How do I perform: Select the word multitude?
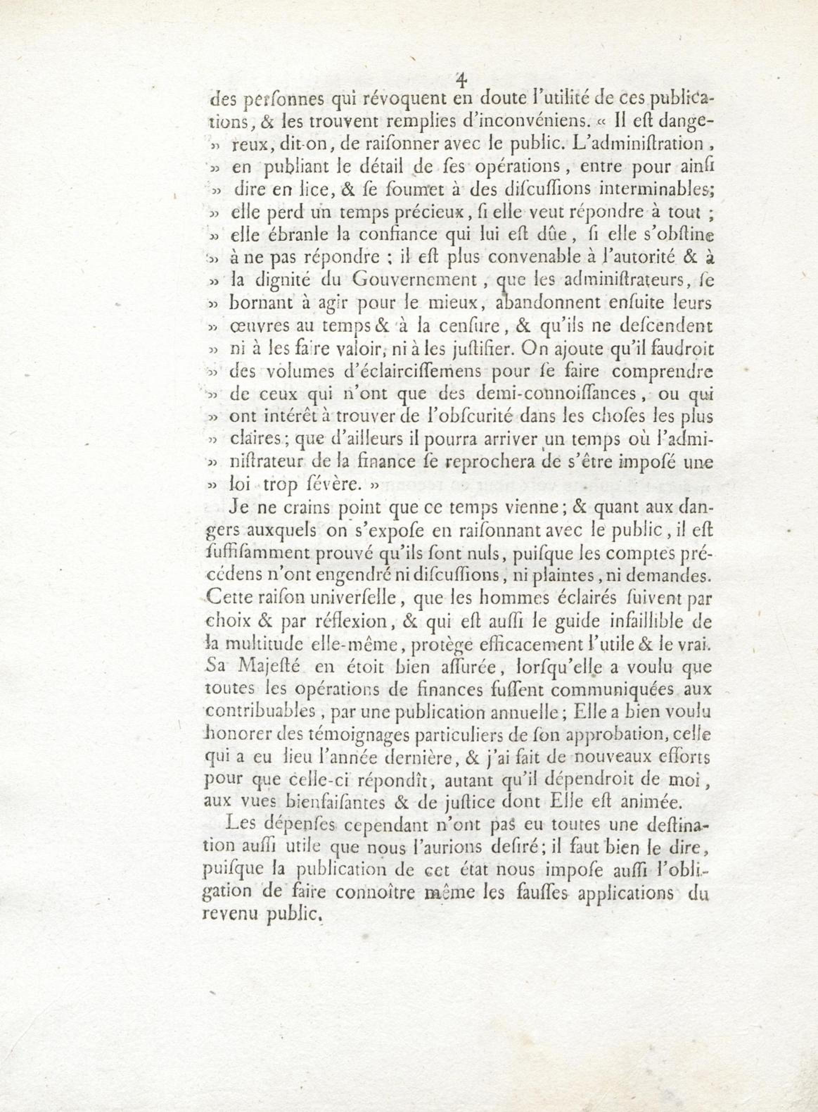(x=266, y=644)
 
